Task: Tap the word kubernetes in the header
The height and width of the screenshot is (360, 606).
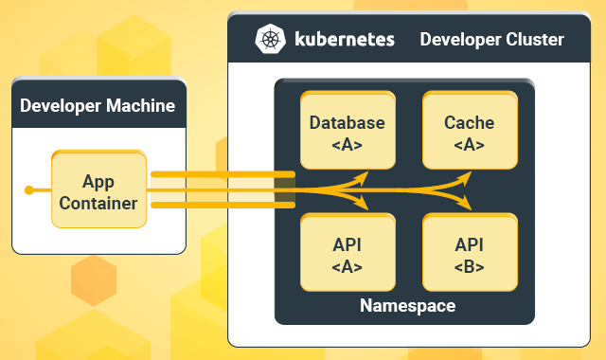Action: (x=347, y=40)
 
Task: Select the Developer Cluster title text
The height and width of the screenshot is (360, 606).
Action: (x=491, y=40)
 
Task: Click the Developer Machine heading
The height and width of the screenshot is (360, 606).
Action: (x=98, y=105)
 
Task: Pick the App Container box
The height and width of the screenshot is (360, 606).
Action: (x=98, y=191)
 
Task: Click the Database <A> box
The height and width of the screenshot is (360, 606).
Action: (x=348, y=132)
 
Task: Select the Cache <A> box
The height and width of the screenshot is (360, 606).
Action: (x=470, y=132)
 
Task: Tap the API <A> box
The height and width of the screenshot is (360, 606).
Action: (x=348, y=254)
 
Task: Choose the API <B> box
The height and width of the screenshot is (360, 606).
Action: (x=470, y=254)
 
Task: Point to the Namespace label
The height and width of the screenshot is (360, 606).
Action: (x=407, y=306)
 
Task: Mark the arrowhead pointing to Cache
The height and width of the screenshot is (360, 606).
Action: (x=466, y=179)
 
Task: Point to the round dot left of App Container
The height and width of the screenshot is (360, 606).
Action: (x=29, y=190)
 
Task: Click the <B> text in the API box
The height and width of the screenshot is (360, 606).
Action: (x=470, y=266)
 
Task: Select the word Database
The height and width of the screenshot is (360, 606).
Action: (x=348, y=122)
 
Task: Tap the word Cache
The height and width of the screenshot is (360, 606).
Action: (x=470, y=122)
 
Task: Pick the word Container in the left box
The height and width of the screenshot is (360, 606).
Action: (x=98, y=203)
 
